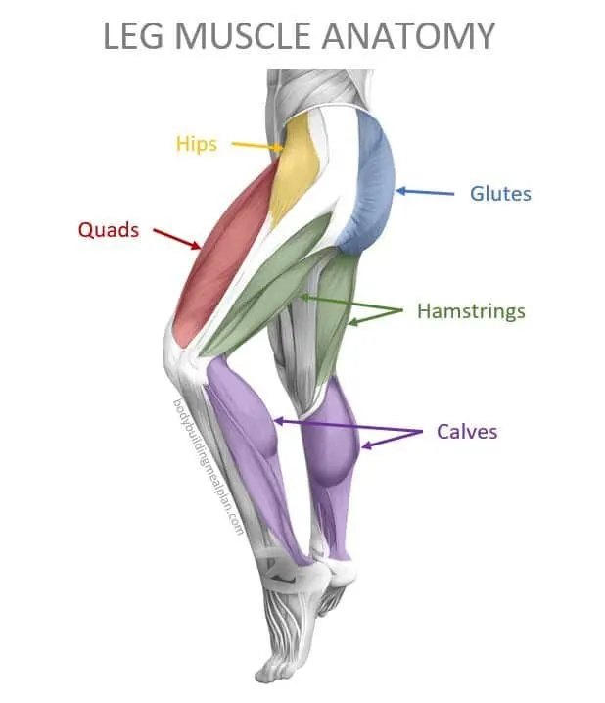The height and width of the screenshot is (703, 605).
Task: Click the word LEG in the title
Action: pos(133,36)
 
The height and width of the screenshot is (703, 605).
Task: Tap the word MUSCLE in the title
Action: pos(242,36)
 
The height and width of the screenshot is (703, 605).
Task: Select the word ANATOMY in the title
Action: pos(408,36)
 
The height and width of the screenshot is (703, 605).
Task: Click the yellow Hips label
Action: pos(197,144)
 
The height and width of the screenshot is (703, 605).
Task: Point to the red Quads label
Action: pos(109,230)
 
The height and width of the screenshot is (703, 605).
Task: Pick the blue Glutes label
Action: pos(500,194)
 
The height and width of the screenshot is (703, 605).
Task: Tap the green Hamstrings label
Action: pos(471,311)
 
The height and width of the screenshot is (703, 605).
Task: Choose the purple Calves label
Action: pos(467,432)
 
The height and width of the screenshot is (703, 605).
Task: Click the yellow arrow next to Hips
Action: pos(257,145)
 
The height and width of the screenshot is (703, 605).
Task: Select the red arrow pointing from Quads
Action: pos(177,239)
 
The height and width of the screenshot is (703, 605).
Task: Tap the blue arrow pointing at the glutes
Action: pos(425,192)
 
